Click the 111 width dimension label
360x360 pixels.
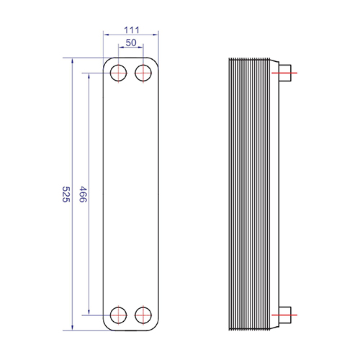tap(132, 30)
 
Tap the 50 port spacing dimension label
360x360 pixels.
tap(131, 42)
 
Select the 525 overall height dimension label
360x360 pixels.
tap(66, 194)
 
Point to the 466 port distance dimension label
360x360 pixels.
tap(83, 194)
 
